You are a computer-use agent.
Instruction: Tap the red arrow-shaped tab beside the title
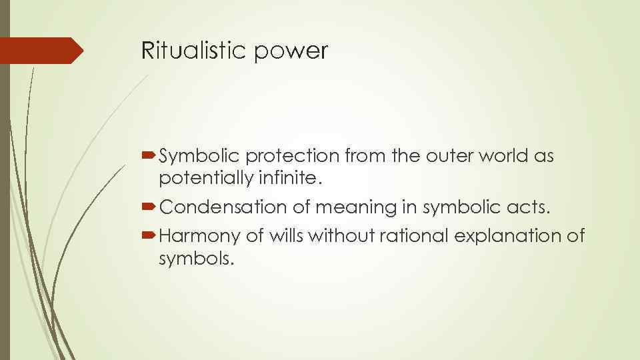click(x=41, y=51)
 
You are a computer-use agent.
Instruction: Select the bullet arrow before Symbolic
click(x=149, y=156)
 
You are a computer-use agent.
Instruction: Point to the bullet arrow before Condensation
click(x=149, y=207)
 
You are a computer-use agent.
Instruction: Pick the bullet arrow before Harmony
click(x=149, y=235)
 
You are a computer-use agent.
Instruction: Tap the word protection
click(x=293, y=156)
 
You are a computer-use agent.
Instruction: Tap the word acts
click(x=531, y=207)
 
